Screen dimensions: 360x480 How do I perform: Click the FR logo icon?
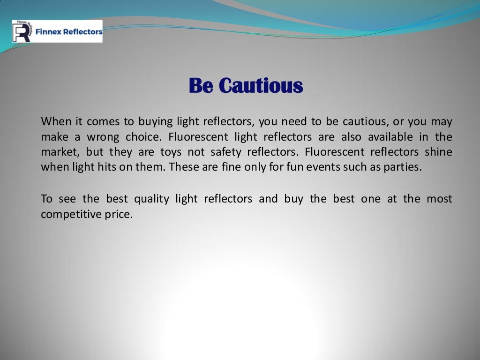coord(22,31)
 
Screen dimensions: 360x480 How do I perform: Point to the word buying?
coord(156,122)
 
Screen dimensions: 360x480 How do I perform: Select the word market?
coord(58,152)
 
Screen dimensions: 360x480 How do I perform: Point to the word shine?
coord(438,152)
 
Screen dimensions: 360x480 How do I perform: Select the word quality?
coord(151,199)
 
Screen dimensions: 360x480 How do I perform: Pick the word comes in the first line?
coord(103,122)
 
